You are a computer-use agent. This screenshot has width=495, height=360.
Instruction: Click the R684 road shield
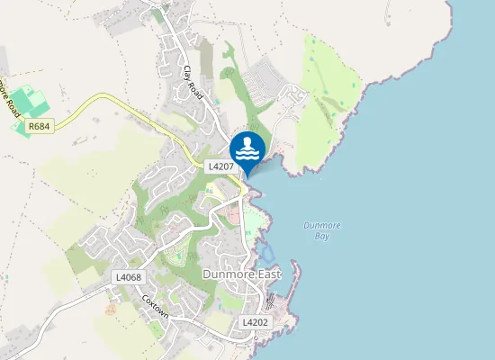pos(39,127)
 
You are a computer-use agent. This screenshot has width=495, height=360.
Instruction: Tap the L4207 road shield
pos(221,166)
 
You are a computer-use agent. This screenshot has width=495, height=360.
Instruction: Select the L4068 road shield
pos(128,277)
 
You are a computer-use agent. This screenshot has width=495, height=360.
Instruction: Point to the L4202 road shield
pos(256,321)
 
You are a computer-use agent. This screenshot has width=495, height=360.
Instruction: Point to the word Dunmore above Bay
pos(320,225)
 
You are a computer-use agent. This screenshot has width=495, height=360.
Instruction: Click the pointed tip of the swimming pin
pos(247,175)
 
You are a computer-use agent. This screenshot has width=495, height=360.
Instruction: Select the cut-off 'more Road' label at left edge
pos(10,94)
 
